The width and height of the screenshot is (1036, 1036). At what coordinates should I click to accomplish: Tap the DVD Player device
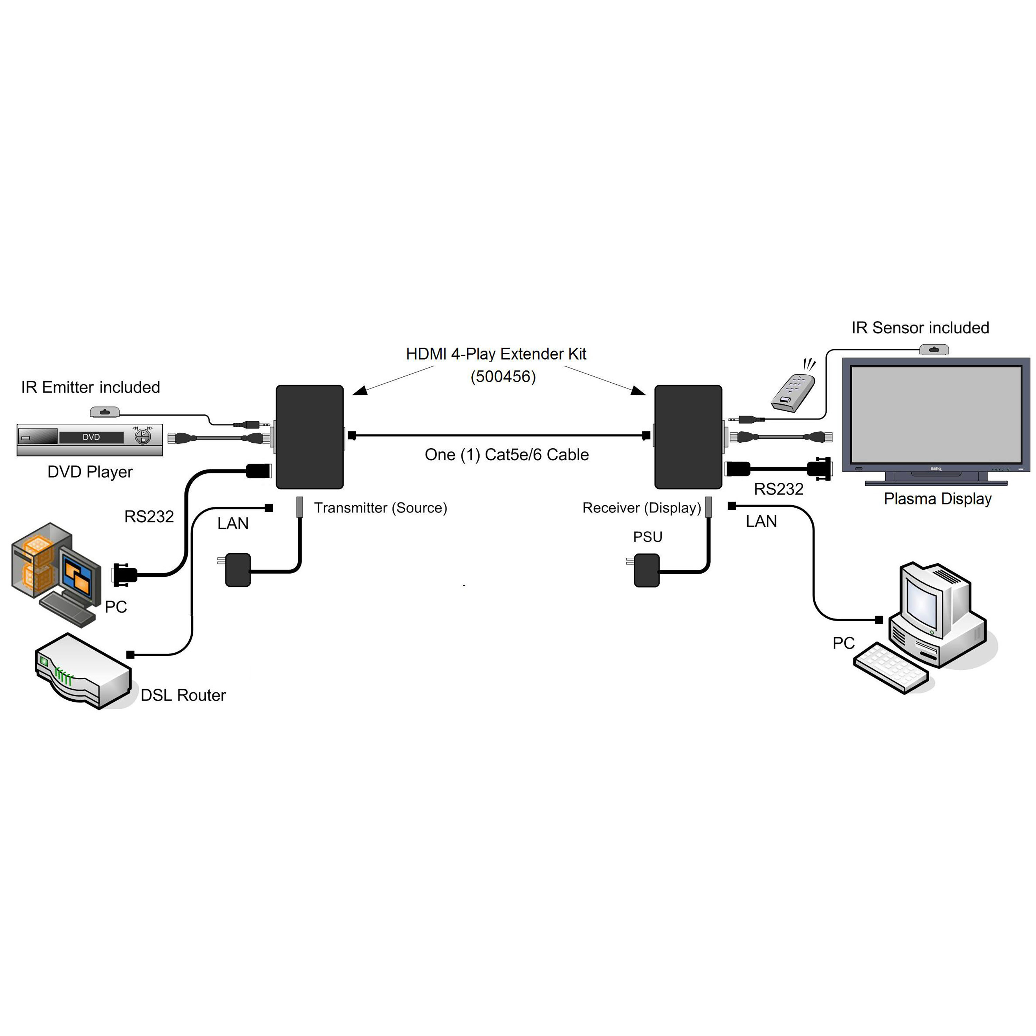pyautogui.click(x=89, y=440)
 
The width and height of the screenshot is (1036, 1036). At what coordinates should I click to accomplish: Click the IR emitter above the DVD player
pyautogui.click(x=105, y=412)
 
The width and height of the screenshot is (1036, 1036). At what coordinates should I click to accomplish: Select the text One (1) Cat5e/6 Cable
pyautogui.click(x=506, y=455)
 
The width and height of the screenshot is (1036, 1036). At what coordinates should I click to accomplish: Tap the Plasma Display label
pyautogui.click(x=937, y=499)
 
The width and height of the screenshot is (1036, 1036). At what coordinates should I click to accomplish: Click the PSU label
pyautogui.click(x=647, y=537)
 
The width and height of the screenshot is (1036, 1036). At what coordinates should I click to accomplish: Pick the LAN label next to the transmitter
pyautogui.click(x=233, y=524)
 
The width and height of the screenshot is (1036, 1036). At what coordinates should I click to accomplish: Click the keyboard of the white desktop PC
pyautogui.click(x=890, y=667)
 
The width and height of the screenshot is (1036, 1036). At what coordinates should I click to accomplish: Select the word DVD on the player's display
pyautogui.click(x=91, y=437)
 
